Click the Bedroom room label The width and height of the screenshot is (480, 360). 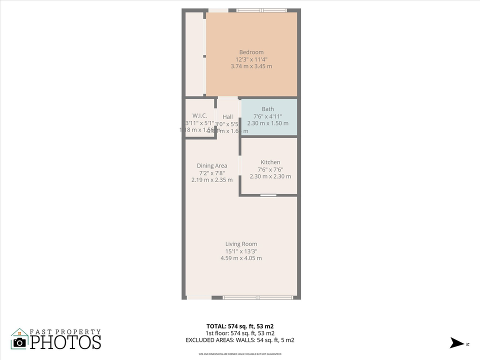[x=251, y=52]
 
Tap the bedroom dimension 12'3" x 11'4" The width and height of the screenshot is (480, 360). [x=251, y=59]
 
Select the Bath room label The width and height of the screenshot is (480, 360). [x=267, y=109]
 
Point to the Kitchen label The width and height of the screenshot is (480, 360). [x=270, y=162]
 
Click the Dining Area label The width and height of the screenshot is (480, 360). [x=212, y=165]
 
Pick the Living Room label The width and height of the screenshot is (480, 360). [x=241, y=244]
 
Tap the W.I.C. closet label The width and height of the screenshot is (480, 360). [x=199, y=116]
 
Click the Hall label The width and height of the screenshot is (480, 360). [x=227, y=117]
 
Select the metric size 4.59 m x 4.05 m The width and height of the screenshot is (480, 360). [x=241, y=258]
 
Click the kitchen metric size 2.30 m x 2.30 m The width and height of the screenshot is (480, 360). [x=270, y=176]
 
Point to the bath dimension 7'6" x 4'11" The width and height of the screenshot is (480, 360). [x=267, y=116]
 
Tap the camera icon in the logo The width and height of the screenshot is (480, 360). [x=19, y=342]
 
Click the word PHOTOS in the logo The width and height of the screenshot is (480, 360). [x=65, y=342]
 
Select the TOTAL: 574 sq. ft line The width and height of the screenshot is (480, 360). [x=240, y=326]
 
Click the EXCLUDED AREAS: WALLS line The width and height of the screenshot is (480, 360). [x=240, y=340]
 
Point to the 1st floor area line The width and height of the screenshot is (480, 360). [x=240, y=333]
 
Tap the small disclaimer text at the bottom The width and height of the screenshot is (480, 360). [x=240, y=354]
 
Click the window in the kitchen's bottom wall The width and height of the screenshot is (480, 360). [x=268, y=195]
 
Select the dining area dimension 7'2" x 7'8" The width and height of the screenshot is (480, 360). [x=212, y=173]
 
